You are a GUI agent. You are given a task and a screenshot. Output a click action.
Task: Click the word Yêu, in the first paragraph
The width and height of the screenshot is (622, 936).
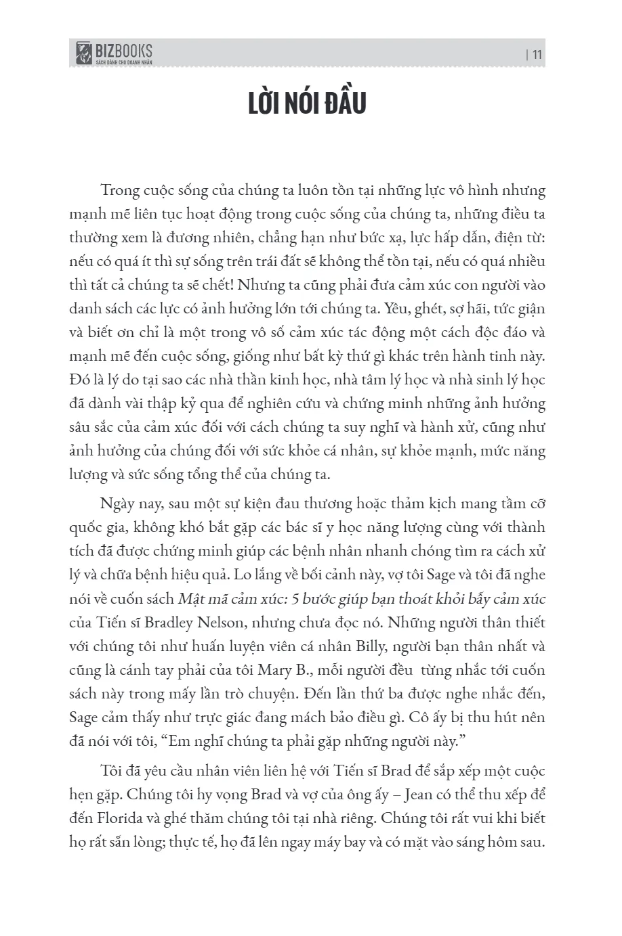point(396,309)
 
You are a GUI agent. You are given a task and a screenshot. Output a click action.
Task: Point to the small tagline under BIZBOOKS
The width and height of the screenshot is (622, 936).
point(123,62)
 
